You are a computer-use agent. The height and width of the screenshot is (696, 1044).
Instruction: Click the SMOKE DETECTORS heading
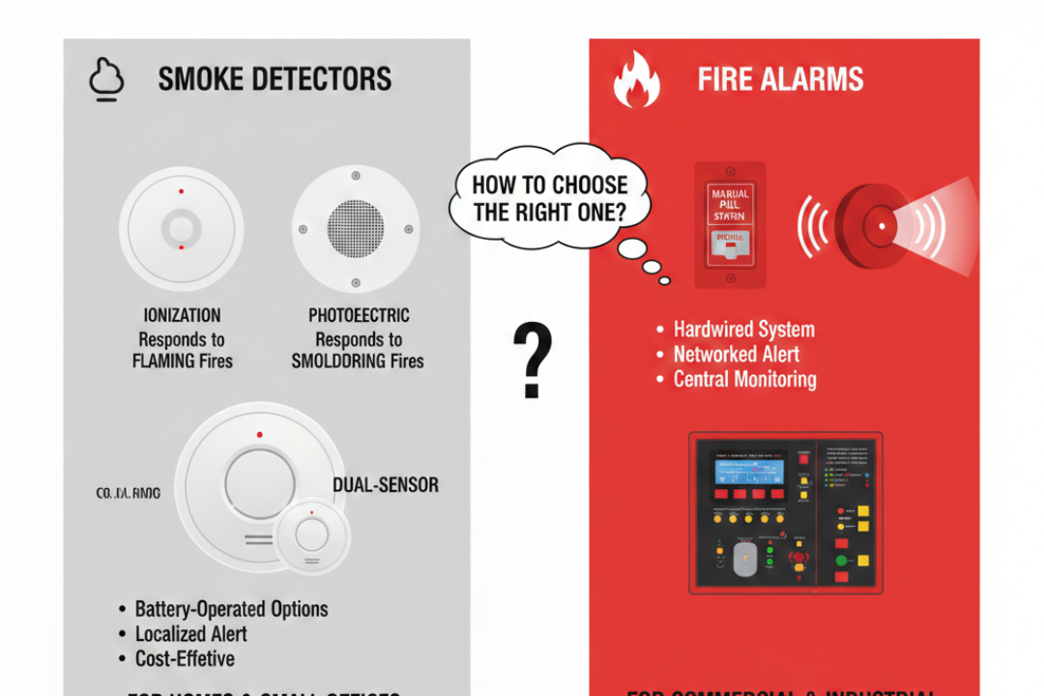[x=275, y=79]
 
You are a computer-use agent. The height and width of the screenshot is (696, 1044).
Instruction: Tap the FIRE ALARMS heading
[x=780, y=79]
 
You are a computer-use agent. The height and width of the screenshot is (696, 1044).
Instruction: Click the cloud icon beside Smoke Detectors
[x=106, y=79]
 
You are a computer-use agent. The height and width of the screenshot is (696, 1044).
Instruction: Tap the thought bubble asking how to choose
[x=549, y=198]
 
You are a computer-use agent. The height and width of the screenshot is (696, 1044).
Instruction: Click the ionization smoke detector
[x=180, y=228]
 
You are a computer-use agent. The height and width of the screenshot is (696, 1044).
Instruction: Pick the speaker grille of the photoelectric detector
[x=356, y=228]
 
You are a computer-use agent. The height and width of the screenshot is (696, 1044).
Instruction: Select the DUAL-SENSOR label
[x=386, y=484]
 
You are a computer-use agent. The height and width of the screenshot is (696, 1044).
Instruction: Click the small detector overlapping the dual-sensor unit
[x=311, y=535]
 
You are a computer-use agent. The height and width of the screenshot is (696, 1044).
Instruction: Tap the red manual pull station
[x=729, y=225]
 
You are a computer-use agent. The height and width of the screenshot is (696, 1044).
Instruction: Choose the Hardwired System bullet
[x=743, y=330]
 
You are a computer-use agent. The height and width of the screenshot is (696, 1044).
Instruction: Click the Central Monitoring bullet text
[x=744, y=380]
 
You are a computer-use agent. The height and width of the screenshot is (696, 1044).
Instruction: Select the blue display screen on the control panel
[x=748, y=475]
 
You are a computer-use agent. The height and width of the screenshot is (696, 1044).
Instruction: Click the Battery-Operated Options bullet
[x=231, y=609]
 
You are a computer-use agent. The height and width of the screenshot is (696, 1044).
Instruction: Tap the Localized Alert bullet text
[x=190, y=634]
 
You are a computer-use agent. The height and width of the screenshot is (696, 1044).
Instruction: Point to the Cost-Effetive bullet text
[x=185, y=659]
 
